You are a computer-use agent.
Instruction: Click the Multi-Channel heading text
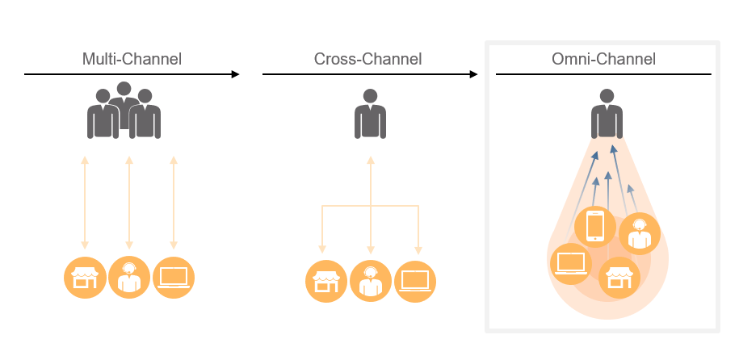[132, 59]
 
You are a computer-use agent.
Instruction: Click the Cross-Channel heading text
[368, 59]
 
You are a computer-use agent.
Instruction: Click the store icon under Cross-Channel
[325, 281]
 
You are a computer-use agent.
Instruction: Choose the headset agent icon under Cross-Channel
[371, 281]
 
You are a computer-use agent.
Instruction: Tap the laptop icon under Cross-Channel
[415, 281]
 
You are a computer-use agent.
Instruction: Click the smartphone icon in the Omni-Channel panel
[595, 226]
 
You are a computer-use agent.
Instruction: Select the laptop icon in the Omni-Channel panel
[570, 263]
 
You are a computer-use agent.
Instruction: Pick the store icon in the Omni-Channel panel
[619, 278]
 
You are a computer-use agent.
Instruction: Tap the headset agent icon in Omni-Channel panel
[640, 233]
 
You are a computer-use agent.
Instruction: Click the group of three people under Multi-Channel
[124, 111]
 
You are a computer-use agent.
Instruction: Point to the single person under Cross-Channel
[370, 113]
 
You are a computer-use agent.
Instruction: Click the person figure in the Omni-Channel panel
[606, 113]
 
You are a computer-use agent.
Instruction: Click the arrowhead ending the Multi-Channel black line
[236, 74]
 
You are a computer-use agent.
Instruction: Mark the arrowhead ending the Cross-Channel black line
[474, 74]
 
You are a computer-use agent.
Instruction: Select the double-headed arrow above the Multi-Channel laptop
[174, 202]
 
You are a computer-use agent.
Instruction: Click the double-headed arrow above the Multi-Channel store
[85, 202]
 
